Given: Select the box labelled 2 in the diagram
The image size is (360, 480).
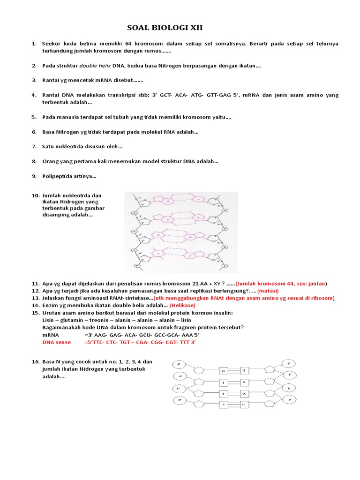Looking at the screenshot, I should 244,370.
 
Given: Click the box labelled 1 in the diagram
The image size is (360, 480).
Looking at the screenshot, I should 224,382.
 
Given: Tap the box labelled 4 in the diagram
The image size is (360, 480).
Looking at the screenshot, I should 224,393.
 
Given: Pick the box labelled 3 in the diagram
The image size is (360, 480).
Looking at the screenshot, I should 224,404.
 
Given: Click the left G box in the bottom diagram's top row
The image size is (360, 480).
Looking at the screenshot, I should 224,370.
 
